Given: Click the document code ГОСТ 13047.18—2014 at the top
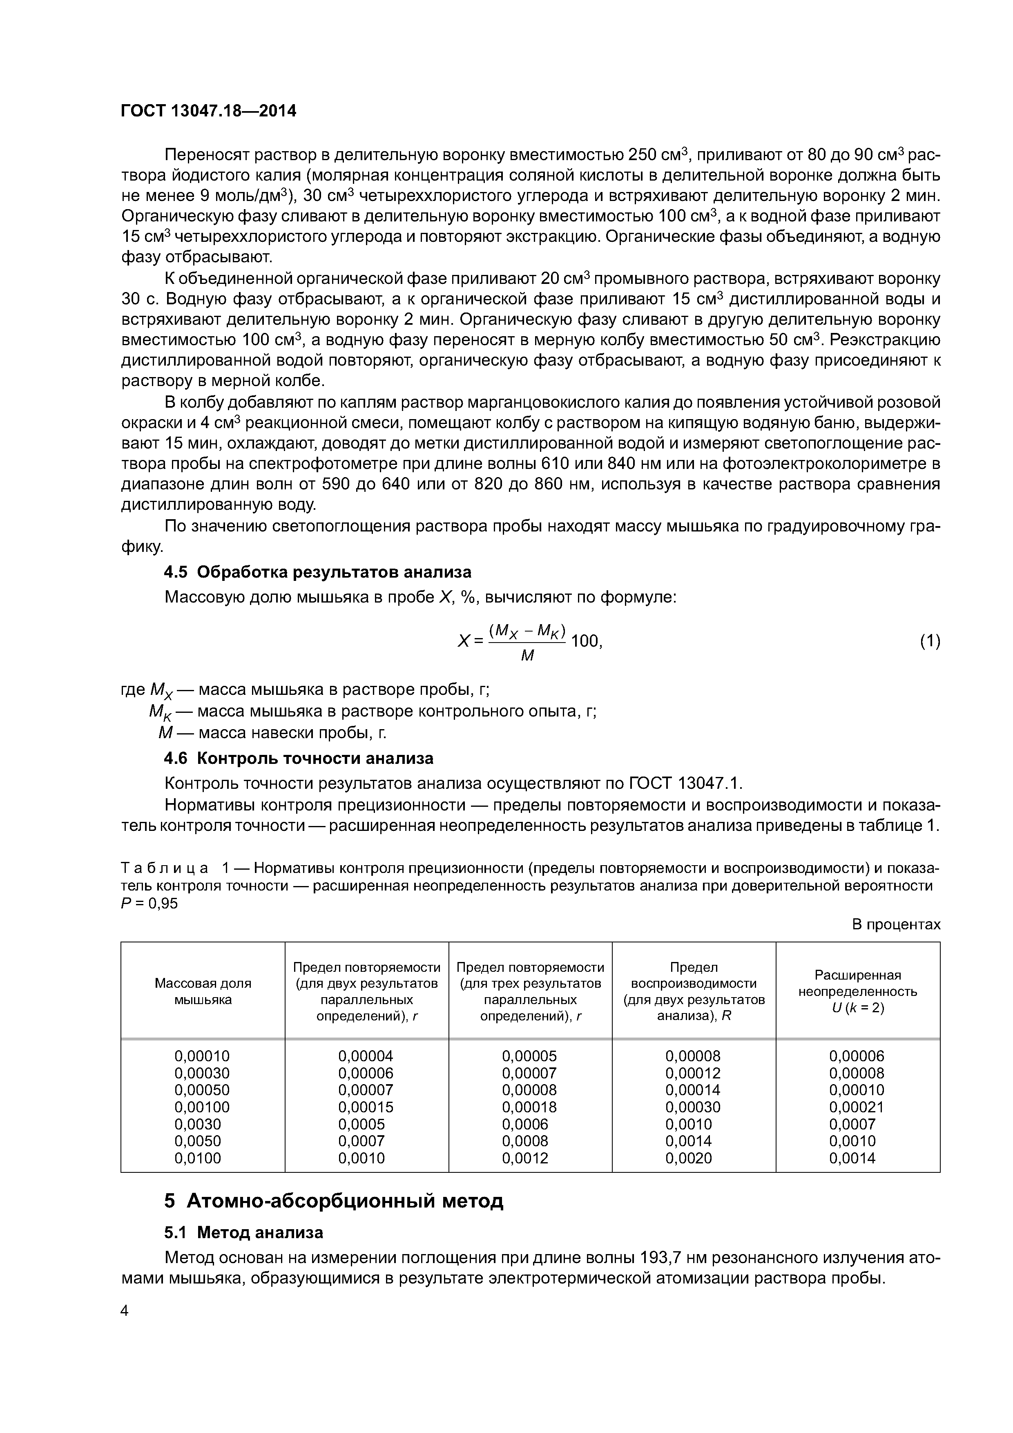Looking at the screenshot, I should (x=208, y=111).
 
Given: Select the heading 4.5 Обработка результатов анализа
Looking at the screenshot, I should (x=317, y=572).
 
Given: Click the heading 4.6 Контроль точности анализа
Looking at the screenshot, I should (x=298, y=758).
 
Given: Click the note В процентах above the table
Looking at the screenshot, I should (x=896, y=924).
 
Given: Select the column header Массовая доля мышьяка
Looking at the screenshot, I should (x=203, y=991).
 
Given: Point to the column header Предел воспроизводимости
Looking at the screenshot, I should (x=694, y=991).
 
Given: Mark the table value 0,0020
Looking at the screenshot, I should (x=688, y=1158).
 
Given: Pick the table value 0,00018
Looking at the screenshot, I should (x=529, y=1107).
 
